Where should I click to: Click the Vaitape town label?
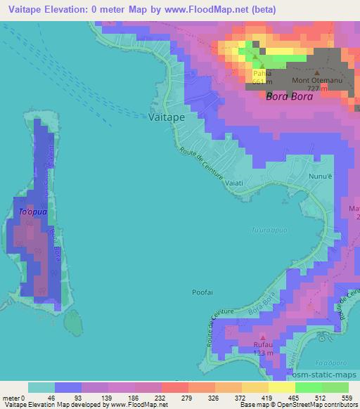167,117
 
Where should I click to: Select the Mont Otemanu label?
316,81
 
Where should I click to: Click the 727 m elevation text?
318,89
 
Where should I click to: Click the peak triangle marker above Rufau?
262,337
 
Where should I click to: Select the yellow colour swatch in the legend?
255,387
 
